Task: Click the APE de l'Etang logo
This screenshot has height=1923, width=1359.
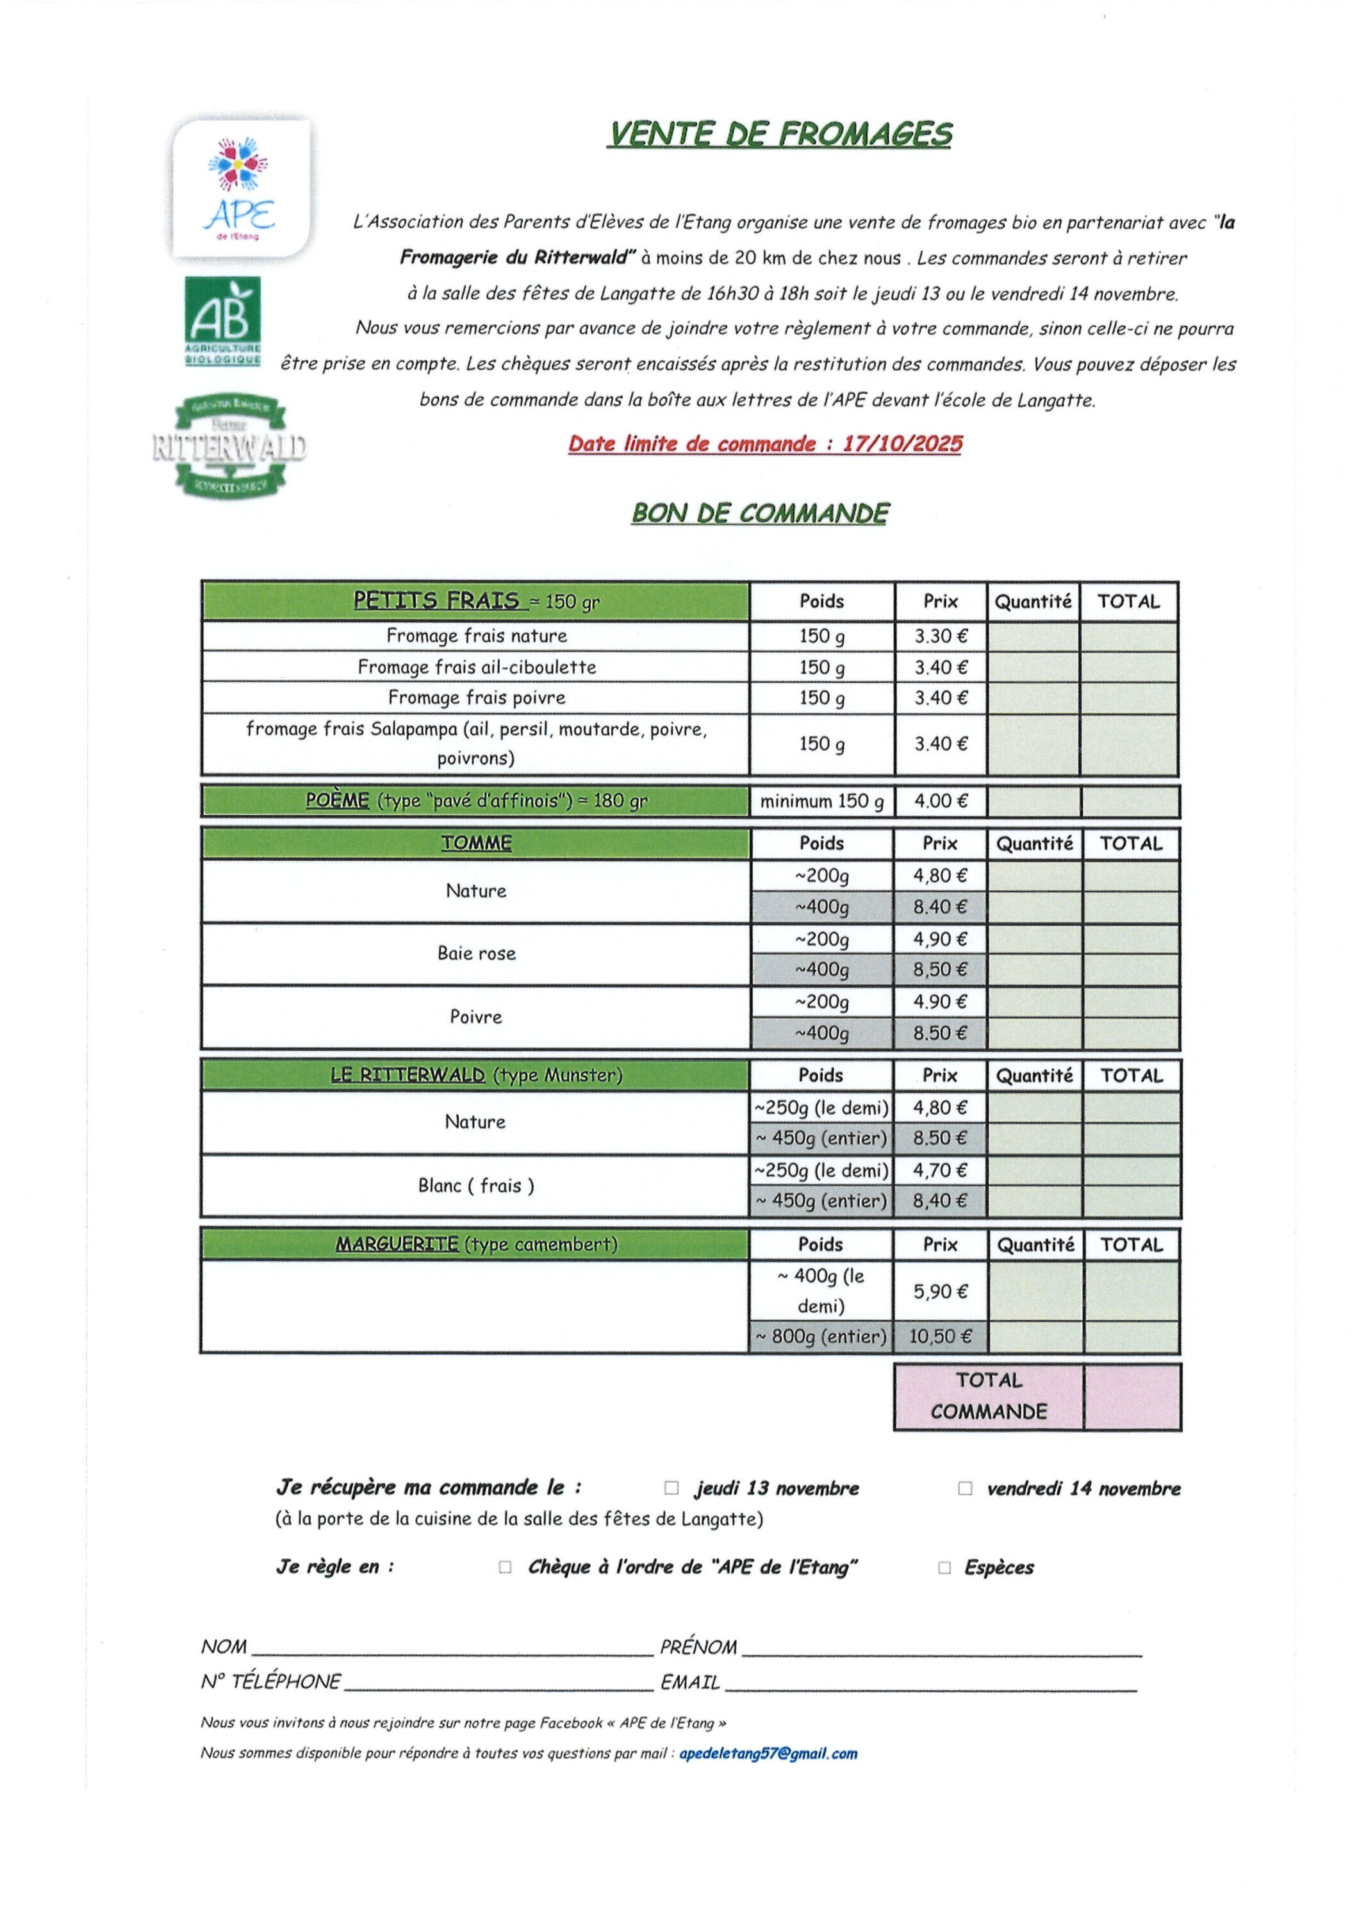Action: (240, 188)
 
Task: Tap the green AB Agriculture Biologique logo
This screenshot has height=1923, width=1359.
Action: (223, 320)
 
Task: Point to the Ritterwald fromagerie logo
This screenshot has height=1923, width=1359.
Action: (229, 446)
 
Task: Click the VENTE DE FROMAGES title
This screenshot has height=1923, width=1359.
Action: (780, 134)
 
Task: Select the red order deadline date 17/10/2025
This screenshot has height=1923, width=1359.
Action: (903, 444)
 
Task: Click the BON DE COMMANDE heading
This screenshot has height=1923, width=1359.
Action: (761, 513)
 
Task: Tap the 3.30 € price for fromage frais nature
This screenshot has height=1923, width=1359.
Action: (941, 637)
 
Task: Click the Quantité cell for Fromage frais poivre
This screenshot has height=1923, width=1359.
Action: (1034, 697)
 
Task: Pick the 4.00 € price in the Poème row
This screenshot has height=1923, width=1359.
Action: (941, 801)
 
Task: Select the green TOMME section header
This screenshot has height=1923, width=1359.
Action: (475, 844)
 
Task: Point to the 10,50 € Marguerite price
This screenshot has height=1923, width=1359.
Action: (941, 1336)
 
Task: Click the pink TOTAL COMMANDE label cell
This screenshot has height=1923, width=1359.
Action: (988, 1396)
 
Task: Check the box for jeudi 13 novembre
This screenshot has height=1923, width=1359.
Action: (671, 1488)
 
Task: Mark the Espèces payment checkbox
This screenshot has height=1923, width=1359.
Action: (944, 1568)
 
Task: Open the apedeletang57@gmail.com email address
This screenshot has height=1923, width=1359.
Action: (768, 1754)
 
